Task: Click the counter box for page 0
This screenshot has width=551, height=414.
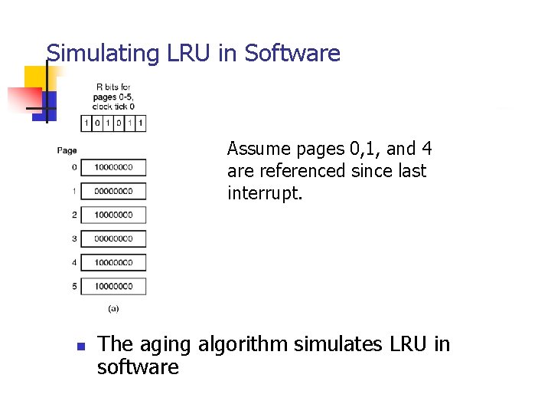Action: tap(113, 167)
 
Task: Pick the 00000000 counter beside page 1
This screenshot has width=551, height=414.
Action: tap(113, 191)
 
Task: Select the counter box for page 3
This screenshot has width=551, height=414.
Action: tap(113, 238)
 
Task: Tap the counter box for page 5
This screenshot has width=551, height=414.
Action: tap(113, 286)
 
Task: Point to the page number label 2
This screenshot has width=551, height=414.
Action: tap(74, 215)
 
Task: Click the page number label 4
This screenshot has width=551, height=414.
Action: tap(74, 262)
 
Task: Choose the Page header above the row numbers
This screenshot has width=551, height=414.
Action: tap(67, 150)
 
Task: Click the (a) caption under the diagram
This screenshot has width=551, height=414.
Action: tap(113, 308)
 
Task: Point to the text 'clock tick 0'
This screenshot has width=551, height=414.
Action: tap(113, 107)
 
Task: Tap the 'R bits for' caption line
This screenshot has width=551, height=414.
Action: tap(113, 87)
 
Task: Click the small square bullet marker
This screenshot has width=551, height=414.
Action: tap(80, 347)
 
